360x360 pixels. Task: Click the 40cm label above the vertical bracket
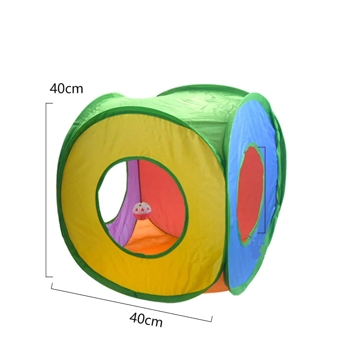pos(66,89)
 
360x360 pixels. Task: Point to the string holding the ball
pos(139,181)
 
